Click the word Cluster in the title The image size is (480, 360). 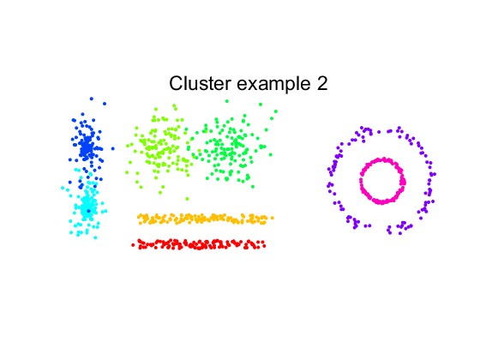[200, 83]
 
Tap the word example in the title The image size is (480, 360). [274, 84]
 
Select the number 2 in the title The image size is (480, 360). [322, 83]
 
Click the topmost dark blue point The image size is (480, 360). [92, 99]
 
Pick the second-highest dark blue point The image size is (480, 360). [105, 104]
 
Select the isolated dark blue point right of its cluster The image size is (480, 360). [113, 149]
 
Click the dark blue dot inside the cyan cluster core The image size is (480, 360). [88, 211]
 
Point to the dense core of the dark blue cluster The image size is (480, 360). [87, 147]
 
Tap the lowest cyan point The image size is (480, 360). [95, 237]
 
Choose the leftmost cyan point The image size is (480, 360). [63, 188]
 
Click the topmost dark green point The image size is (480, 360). [227, 101]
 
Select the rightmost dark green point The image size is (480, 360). [276, 111]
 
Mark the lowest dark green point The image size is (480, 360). [253, 187]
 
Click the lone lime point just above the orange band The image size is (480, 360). [188, 199]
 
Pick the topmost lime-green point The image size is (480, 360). [174, 105]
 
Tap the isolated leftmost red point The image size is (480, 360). [133, 245]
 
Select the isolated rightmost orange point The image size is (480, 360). [273, 218]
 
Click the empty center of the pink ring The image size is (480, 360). [381, 181]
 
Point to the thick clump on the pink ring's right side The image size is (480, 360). [403, 181]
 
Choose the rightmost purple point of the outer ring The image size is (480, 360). [435, 174]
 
